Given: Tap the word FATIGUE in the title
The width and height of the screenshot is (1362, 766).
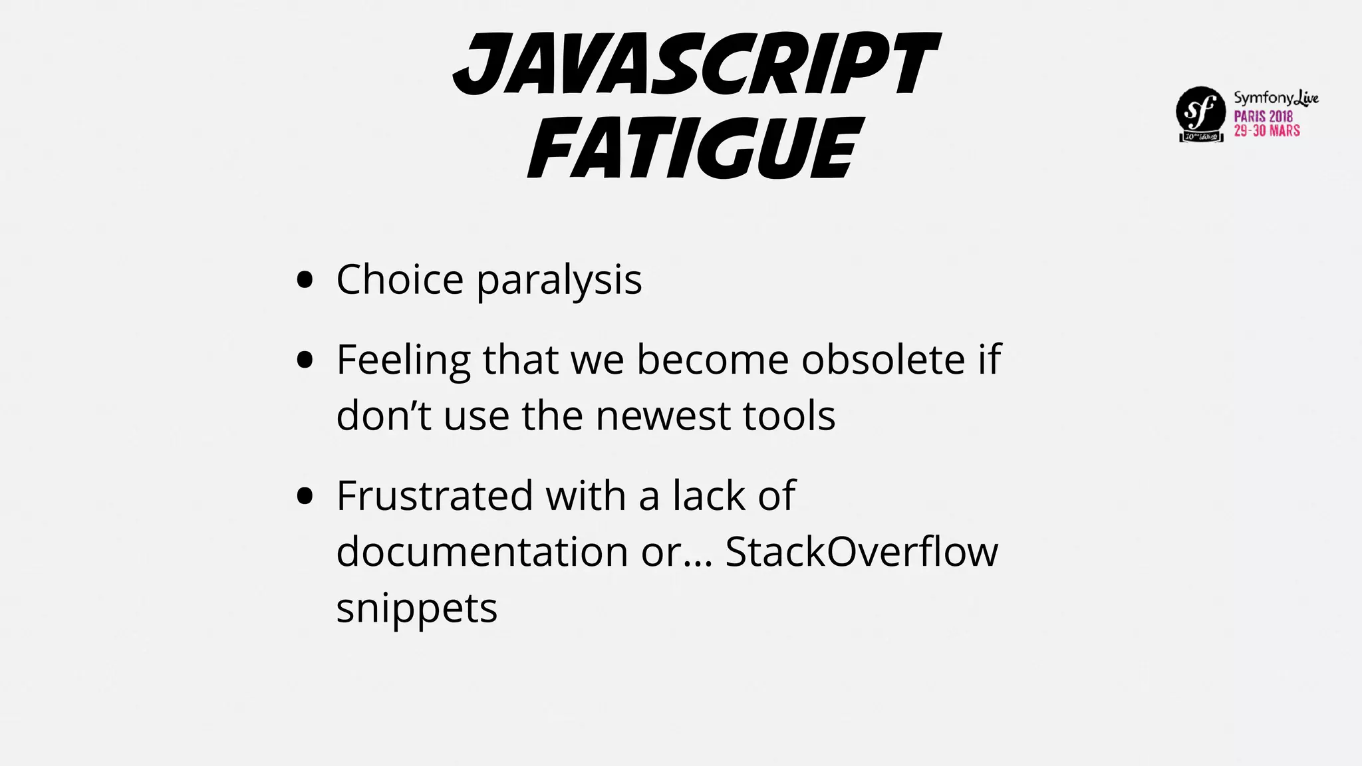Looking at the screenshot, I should click(695, 148).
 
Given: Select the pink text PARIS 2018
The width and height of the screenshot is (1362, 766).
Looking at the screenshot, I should click(1264, 116).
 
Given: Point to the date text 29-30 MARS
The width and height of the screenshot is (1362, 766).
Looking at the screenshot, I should click(1267, 130).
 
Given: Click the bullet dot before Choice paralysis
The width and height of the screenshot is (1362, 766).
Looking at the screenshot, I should click(305, 280).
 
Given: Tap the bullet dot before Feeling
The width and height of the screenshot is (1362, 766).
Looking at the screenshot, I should click(305, 360).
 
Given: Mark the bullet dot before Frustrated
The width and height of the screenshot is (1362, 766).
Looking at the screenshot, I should click(305, 496).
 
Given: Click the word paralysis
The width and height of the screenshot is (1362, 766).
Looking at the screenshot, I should click(559, 280).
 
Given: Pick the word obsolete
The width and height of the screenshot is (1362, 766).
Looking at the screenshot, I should click(883, 360).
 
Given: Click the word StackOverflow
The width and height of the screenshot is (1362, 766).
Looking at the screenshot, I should click(861, 551).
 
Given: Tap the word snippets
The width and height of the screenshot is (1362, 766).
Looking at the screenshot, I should click(417, 608).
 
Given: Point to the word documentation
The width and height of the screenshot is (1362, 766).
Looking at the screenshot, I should click(482, 551).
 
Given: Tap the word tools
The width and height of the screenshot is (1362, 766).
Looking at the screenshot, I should click(789, 416).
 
